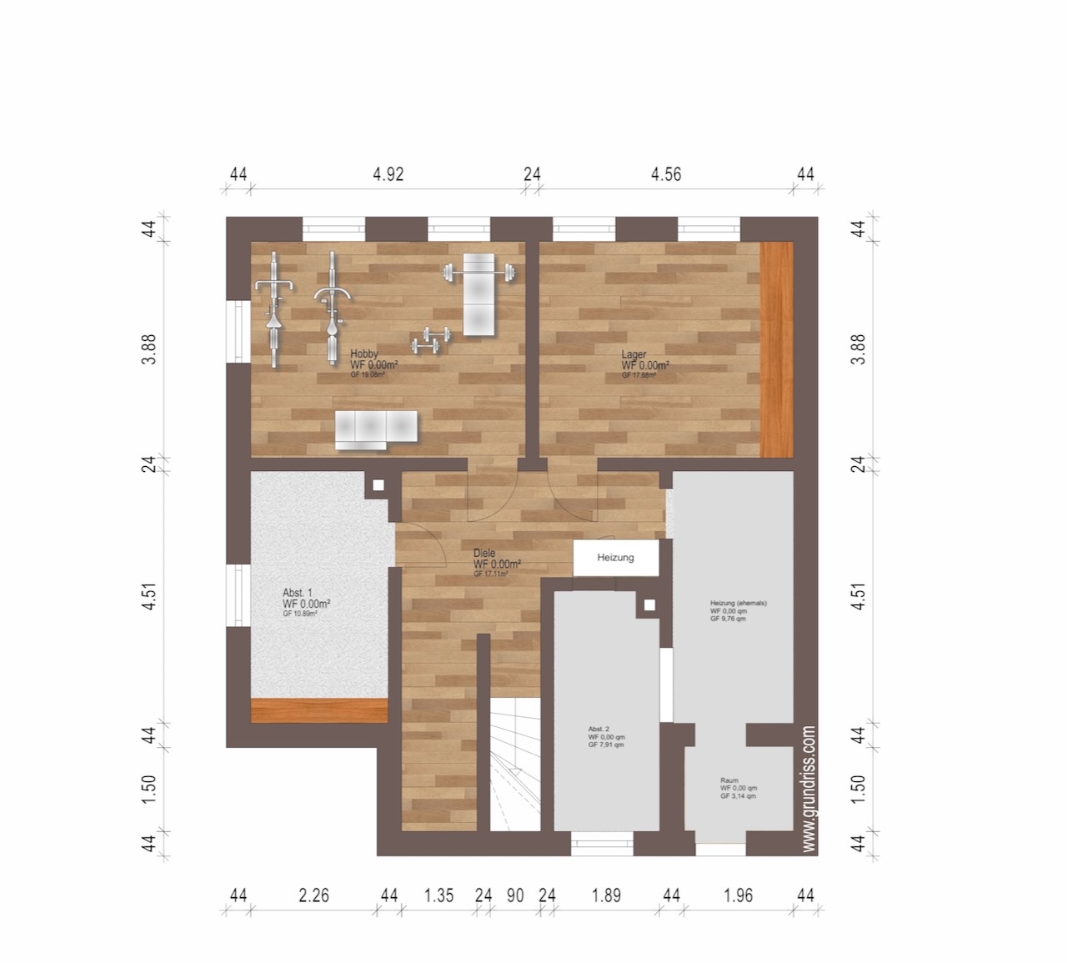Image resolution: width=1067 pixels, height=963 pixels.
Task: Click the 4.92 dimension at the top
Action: pyautogui.click(x=388, y=174)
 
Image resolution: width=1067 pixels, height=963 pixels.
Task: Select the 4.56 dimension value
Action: pyautogui.click(x=666, y=174)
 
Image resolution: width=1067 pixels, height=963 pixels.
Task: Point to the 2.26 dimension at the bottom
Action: pyautogui.click(x=313, y=896)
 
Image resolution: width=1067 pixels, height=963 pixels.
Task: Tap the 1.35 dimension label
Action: pyautogui.click(x=438, y=896)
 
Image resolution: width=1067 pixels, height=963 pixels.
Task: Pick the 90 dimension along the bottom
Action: pyautogui.click(x=515, y=896)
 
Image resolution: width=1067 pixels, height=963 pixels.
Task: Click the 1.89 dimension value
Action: pyautogui.click(x=606, y=896)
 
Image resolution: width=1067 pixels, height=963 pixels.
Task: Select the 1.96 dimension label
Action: pyautogui.click(x=739, y=896)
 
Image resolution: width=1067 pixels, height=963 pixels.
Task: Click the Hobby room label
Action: pyautogui.click(x=364, y=354)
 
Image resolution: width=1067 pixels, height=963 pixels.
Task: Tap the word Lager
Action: pyautogui.click(x=634, y=354)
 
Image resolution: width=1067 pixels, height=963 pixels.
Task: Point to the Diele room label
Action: pyautogui.click(x=484, y=553)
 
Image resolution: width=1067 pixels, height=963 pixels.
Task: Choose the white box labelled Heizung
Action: pyautogui.click(x=616, y=558)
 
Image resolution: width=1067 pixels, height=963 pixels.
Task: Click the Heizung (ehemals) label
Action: pyautogui.click(x=738, y=603)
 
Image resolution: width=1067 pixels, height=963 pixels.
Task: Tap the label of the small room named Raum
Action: pyautogui.click(x=729, y=780)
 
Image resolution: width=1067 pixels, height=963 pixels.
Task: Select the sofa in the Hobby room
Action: pyautogui.click(x=375, y=429)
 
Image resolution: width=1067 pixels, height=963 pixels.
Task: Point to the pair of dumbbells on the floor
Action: pyautogui.click(x=430, y=339)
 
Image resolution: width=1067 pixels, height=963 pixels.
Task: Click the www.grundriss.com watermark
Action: pyautogui.click(x=807, y=788)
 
